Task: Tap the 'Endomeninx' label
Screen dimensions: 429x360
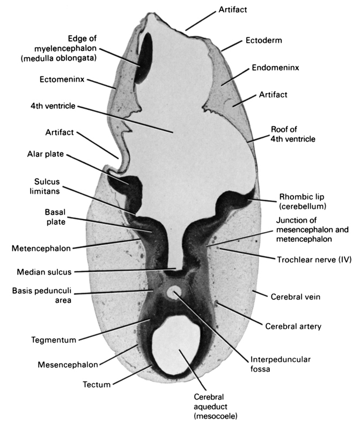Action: point(275,68)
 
